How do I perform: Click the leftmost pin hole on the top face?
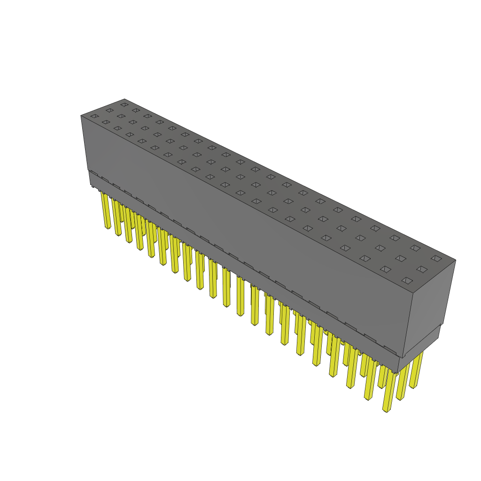point(94,116)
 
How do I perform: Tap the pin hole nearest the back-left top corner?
point(124,104)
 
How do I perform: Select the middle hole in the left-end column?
point(109,110)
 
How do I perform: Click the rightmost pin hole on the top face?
point(436,258)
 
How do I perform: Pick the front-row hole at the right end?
point(407,280)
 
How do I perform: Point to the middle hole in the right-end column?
point(422,269)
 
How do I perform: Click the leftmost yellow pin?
point(106,211)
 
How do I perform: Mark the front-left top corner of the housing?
point(81,116)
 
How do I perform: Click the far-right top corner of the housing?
point(456,260)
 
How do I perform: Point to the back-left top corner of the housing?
point(124,99)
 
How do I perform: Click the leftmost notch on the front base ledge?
point(93,173)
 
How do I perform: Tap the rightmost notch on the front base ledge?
point(389,349)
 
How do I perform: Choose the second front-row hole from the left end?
point(106,122)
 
